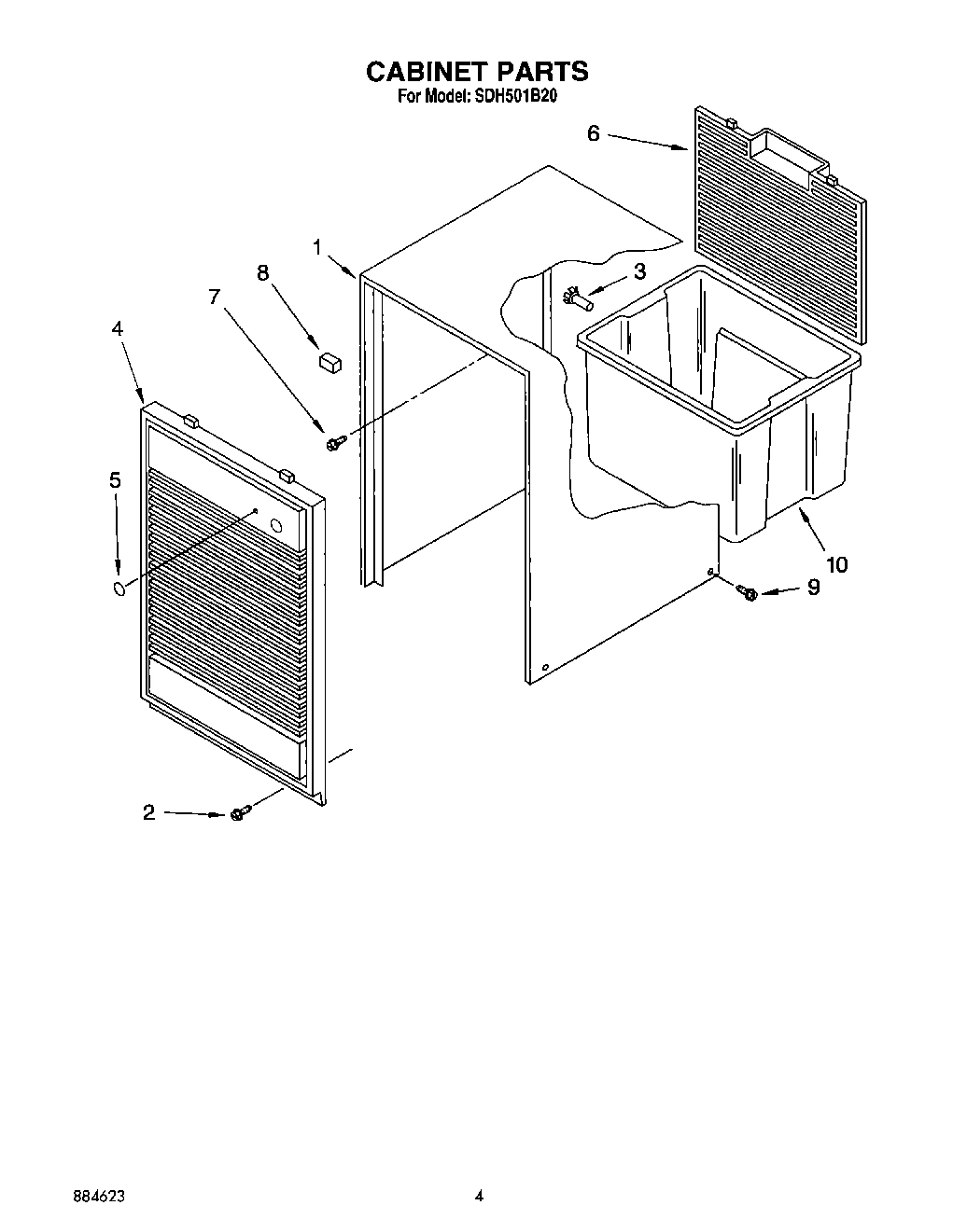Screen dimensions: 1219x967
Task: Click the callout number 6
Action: pos(594,133)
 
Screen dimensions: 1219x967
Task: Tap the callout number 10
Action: pos(836,564)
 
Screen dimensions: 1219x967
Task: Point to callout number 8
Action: pos(262,272)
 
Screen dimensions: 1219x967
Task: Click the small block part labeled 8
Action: pos(329,361)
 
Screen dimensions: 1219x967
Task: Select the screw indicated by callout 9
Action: pos(747,591)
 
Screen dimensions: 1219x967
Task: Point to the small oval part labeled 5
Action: pos(119,589)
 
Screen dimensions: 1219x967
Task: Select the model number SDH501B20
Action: pos(517,96)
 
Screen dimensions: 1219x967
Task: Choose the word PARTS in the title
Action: pos(541,72)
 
